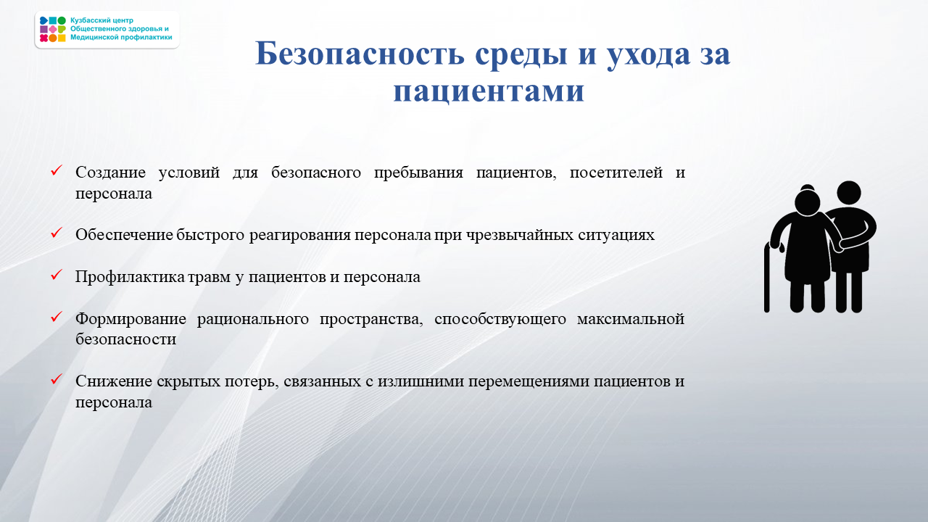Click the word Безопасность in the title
(360, 54)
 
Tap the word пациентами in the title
(489, 91)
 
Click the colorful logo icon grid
(53, 30)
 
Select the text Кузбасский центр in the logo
(101, 20)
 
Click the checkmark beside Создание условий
(57, 170)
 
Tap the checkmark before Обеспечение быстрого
(57, 233)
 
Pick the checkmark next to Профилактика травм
(57, 274)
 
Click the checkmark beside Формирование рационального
(57, 317)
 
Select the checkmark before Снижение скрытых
(57, 378)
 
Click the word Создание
(110, 173)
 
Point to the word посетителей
(616, 173)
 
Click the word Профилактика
(130, 277)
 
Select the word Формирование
(130, 319)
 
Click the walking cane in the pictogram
(767, 278)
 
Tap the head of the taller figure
(849, 193)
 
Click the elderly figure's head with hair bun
(808, 199)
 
